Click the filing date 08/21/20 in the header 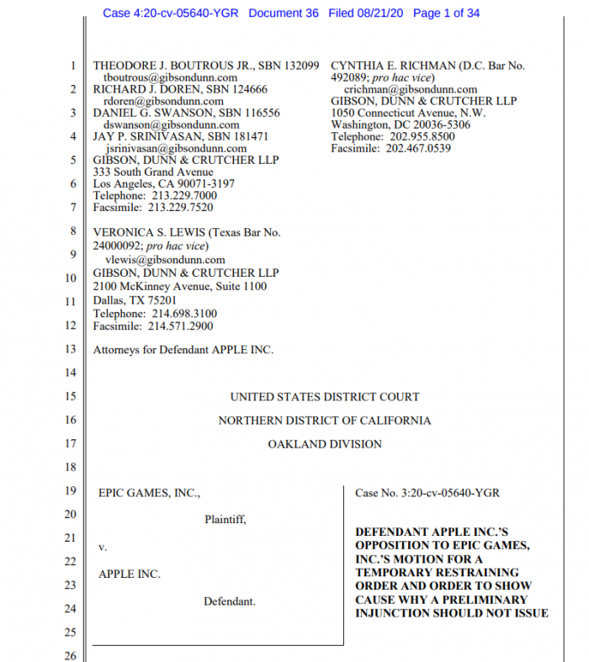pyautogui.click(x=382, y=13)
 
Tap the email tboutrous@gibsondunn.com pyautogui.click(x=169, y=77)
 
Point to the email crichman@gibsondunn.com pyautogui.click(x=411, y=89)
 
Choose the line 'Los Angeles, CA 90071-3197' pyautogui.click(x=163, y=184)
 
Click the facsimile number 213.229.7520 pyautogui.click(x=180, y=208)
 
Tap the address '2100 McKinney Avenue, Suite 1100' pyautogui.click(x=179, y=286)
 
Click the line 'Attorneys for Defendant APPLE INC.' pyautogui.click(x=183, y=350)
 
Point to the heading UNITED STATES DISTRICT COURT pyautogui.click(x=325, y=397)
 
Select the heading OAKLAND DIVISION pyautogui.click(x=325, y=444)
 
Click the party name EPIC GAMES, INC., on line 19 pyautogui.click(x=150, y=493)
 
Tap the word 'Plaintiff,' pyautogui.click(x=226, y=520)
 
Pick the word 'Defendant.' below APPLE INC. pyautogui.click(x=229, y=601)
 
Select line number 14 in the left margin pyautogui.click(x=71, y=372)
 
